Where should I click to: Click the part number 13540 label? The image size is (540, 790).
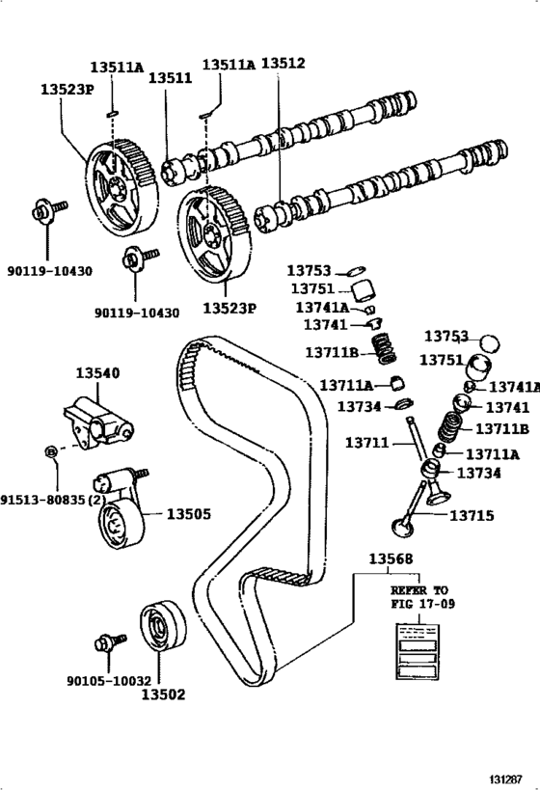click(97, 373)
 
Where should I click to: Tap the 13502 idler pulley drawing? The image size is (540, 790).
click(163, 626)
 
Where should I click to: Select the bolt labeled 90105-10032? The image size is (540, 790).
click(110, 642)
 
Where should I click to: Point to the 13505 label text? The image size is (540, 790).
click(189, 514)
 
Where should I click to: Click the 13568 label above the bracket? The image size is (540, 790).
click(391, 558)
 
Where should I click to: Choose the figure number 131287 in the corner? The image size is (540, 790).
click(507, 779)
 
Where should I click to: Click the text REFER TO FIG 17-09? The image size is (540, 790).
click(419, 596)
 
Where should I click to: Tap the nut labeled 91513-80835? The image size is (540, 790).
click(50, 450)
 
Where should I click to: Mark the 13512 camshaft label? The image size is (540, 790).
click(283, 63)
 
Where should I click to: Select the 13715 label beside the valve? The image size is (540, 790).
click(472, 515)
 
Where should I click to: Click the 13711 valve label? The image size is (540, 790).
click(367, 443)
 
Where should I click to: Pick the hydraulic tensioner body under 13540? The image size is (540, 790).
click(98, 422)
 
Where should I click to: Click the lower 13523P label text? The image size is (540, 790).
click(229, 308)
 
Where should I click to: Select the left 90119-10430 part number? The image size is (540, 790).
click(50, 271)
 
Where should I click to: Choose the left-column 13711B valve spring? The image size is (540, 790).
click(385, 348)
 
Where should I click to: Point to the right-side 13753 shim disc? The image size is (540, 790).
click(489, 343)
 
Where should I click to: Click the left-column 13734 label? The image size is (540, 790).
click(359, 406)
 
